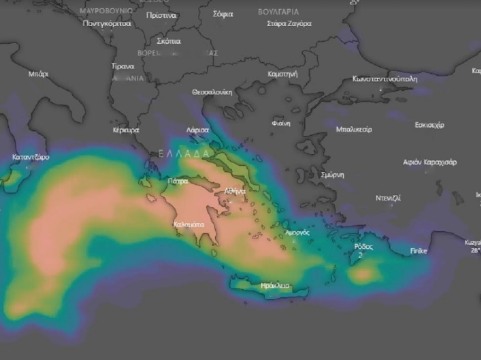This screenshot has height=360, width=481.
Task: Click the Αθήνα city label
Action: tap(235, 191)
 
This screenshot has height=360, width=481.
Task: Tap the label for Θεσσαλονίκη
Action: tap(212, 92)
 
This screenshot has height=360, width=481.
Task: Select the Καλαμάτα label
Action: tap(189, 224)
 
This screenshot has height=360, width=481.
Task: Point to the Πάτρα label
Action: tap(178, 181)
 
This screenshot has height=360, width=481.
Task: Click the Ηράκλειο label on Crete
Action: tap(275, 286)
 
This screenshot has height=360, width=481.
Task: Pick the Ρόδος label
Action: tap(364, 247)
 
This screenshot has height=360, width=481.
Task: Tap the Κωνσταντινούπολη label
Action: tap(385, 79)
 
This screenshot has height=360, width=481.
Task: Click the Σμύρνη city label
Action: tap(332, 175)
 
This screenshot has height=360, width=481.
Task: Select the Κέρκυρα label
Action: tap(126, 130)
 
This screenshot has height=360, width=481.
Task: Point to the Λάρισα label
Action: tap(197, 130)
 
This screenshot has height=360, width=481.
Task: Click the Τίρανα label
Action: tap(123, 66)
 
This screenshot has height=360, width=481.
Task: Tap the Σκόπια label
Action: tap(168, 41)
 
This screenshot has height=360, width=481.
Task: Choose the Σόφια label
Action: tap(223, 14)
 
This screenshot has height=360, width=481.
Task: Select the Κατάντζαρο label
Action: tap(31, 157)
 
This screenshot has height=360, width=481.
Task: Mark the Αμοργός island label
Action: tap(297, 233)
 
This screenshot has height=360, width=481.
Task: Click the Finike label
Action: tap(419, 251)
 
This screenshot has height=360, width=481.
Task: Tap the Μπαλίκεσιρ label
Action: tap(354, 129)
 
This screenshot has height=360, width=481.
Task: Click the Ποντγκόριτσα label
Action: tap(107, 24)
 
